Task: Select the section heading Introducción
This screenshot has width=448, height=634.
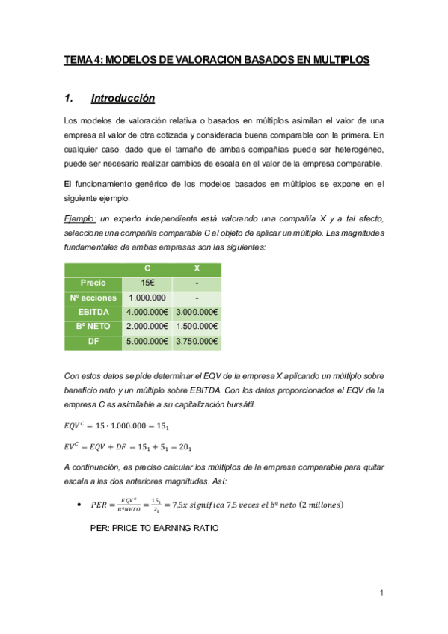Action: point(123,98)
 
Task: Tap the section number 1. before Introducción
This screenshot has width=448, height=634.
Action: point(70,98)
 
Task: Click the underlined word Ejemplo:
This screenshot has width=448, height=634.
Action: point(80,218)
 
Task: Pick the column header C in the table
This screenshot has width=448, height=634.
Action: point(147,268)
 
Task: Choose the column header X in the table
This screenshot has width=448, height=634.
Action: point(197,268)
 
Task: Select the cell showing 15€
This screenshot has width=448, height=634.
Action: point(147,283)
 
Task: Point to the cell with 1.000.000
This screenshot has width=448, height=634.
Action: point(147,298)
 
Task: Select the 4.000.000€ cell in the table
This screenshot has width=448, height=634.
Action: point(147,312)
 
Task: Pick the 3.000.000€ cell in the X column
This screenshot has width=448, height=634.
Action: point(197,312)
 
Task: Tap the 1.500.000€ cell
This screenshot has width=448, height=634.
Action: point(197,327)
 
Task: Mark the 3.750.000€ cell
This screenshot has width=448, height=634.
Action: point(197,342)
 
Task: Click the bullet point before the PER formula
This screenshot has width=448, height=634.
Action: point(79,505)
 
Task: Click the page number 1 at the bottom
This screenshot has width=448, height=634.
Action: point(381,594)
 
